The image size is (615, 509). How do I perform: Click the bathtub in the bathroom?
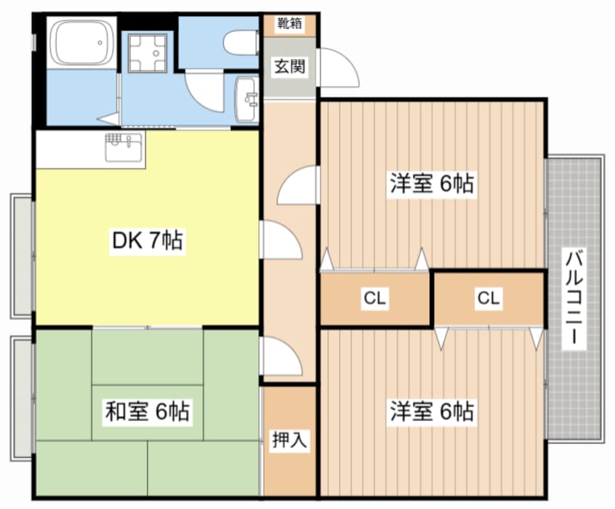point(82,43)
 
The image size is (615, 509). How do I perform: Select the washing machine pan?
point(148,53)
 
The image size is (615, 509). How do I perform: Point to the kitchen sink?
point(124,147)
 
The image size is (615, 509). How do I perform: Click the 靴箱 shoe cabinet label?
point(289,23)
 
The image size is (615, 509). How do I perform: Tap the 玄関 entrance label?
point(289,67)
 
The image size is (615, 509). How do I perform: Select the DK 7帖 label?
point(148,241)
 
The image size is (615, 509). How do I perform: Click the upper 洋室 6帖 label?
point(432,183)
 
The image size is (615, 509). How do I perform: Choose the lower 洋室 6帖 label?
point(432,411)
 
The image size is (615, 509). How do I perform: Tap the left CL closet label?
point(375,298)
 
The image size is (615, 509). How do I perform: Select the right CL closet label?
point(489,298)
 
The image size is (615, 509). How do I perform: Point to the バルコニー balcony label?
point(574,297)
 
